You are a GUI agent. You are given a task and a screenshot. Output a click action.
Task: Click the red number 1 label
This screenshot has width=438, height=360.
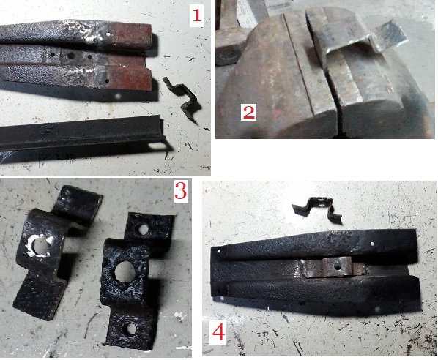click(x=196, y=15)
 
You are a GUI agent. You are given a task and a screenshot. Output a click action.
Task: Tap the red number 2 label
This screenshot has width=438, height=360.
click(x=248, y=113)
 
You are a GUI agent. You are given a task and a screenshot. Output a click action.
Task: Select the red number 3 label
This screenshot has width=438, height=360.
click(x=180, y=190)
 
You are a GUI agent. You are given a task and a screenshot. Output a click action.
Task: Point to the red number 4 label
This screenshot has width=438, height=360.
click(x=218, y=333)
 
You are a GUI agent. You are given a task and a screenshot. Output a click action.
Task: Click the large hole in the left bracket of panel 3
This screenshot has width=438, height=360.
click(x=40, y=247)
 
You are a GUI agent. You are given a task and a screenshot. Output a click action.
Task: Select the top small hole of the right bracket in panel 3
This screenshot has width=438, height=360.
click(x=144, y=230)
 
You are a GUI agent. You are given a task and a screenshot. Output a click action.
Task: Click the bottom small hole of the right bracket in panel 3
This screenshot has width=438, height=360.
click(x=130, y=329)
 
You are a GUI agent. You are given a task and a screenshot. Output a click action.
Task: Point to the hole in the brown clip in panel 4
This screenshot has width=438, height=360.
click(x=338, y=267)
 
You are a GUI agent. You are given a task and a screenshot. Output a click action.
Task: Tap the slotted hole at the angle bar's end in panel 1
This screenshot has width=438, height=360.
click(x=157, y=146)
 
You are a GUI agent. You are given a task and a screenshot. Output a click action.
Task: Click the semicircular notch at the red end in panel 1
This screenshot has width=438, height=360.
click(x=148, y=64)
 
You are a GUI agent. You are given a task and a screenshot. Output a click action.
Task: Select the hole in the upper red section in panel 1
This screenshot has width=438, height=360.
click(x=108, y=34)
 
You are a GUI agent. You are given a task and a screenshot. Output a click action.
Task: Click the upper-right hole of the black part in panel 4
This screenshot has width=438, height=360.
click(x=372, y=244)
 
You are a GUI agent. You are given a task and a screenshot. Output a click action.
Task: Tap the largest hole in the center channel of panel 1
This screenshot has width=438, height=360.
click(x=70, y=56)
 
